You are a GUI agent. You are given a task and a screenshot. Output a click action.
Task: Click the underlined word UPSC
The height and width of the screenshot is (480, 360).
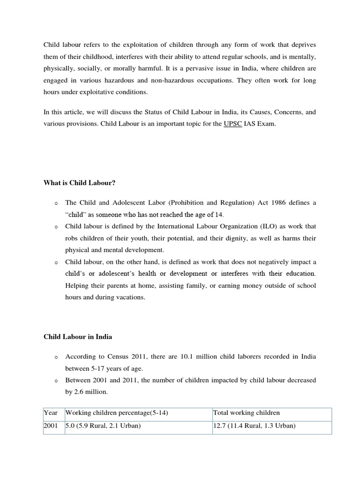(x=232, y=125)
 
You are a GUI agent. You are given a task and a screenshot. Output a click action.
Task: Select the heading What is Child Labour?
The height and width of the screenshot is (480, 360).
(x=79, y=183)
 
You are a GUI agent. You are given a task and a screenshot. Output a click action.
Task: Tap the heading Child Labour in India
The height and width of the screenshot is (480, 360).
(x=78, y=337)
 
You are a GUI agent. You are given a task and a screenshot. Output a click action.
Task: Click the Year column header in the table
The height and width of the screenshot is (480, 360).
(x=51, y=413)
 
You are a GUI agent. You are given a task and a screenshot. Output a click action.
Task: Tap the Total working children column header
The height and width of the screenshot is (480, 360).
(x=246, y=413)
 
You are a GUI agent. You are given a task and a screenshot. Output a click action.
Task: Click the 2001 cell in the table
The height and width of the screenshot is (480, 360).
(x=51, y=427)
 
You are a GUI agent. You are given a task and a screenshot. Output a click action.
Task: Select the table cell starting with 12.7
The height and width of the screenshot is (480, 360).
(x=254, y=427)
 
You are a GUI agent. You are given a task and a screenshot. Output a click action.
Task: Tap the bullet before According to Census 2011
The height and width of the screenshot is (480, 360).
(x=55, y=357)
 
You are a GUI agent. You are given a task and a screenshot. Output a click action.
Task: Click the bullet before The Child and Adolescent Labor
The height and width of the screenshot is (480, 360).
(x=55, y=203)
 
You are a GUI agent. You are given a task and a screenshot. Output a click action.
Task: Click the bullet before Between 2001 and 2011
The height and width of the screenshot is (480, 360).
(x=55, y=381)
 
